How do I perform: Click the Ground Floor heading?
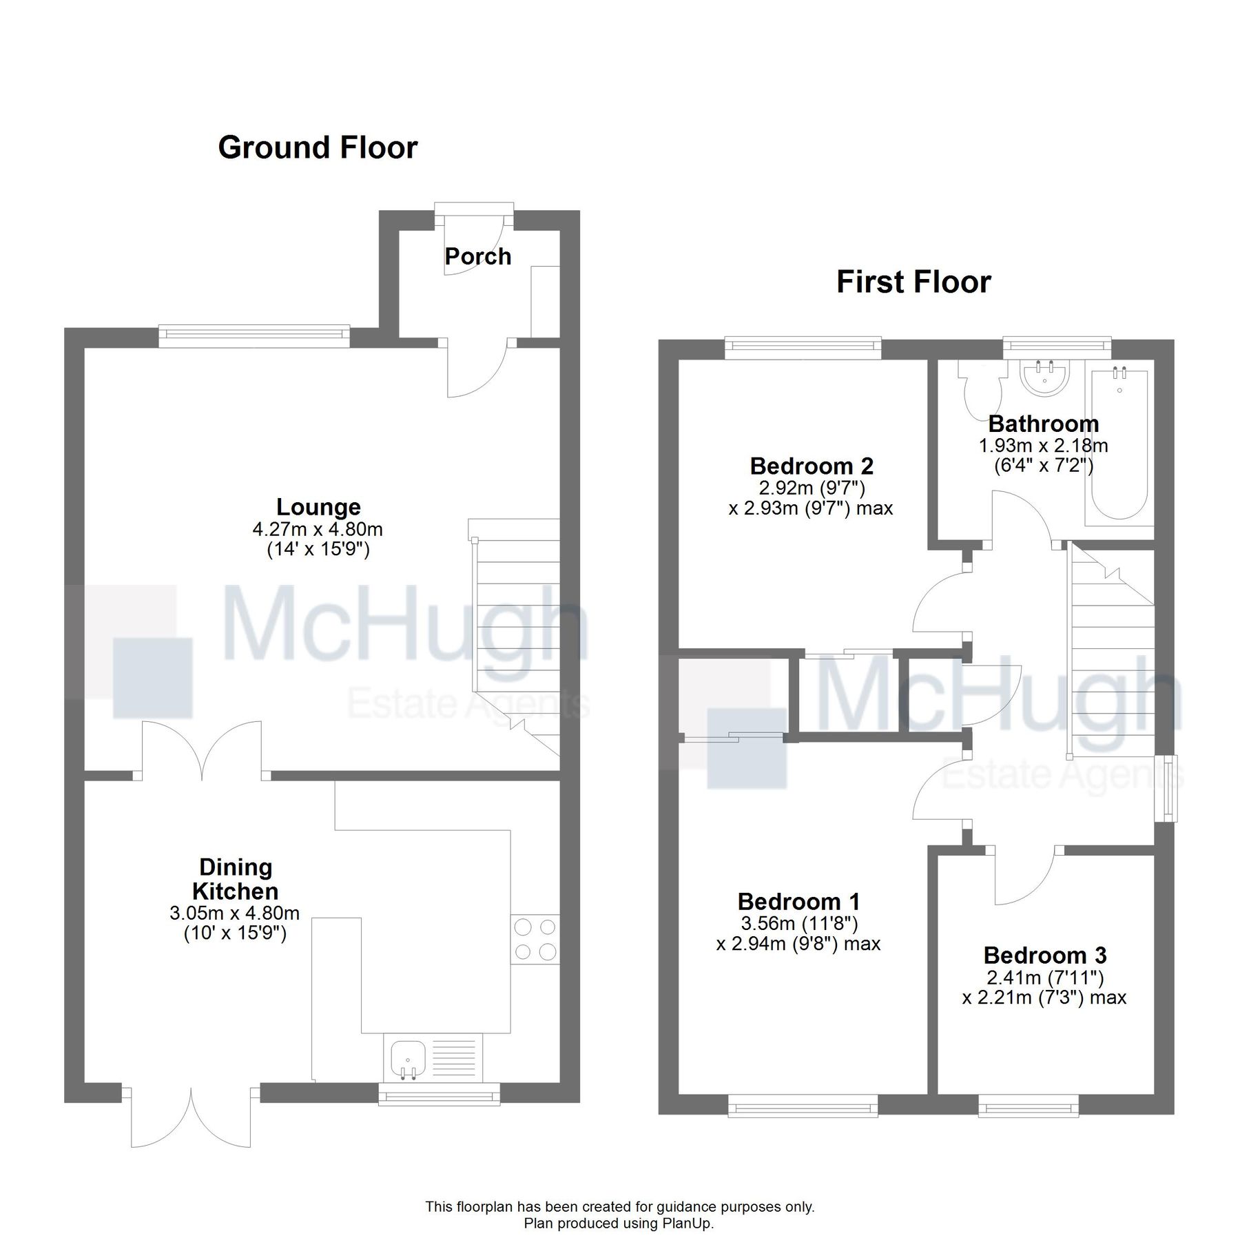(318, 148)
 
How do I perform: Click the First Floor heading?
(913, 282)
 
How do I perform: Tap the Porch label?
(477, 257)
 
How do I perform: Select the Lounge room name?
(318, 507)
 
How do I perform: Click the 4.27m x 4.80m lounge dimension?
(318, 530)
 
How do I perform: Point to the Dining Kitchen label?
(235, 879)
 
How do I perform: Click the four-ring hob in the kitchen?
(535, 939)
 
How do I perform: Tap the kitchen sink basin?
(407, 1058)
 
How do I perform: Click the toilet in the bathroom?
(978, 395)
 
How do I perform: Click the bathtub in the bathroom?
(1119, 444)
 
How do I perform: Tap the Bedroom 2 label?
(811, 466)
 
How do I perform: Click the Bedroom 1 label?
(798, 902)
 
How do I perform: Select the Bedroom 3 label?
(1044, 955)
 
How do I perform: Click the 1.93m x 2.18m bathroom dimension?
(1043, 446)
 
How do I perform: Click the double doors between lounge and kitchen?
(202, 751)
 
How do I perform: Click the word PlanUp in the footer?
(687, 1223)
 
